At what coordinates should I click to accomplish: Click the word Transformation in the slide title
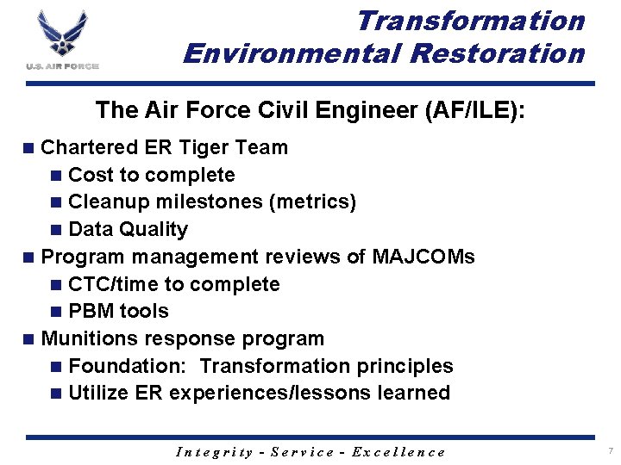click(x=470, y=20)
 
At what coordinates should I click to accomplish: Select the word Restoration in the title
click(x=498, y=53)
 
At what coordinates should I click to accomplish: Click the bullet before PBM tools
click(x=57, y=312)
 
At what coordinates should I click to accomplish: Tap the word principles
click(x=408, y=366)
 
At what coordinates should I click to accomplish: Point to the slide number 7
click(x=609, y=451)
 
